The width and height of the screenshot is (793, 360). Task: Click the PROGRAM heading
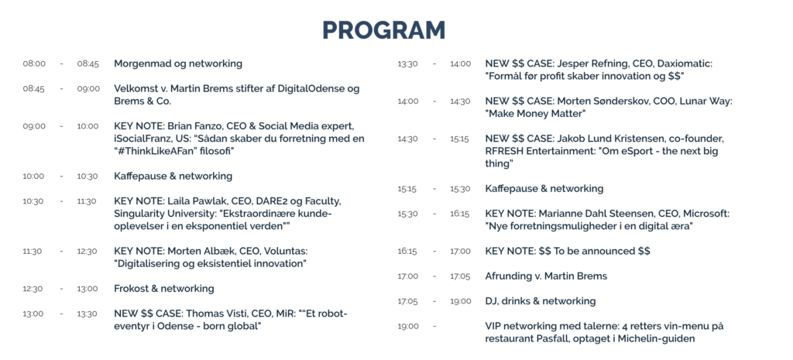[384, 30]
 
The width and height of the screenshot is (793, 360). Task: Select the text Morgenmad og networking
[178, 64]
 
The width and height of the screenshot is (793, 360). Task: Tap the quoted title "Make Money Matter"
[536, 114]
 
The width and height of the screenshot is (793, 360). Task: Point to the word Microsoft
[703, 214]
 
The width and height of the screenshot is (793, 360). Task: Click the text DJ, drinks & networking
[541, 301]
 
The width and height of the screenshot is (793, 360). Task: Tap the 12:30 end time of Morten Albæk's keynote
[87, 252]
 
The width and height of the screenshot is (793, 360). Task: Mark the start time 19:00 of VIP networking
[408, 327]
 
